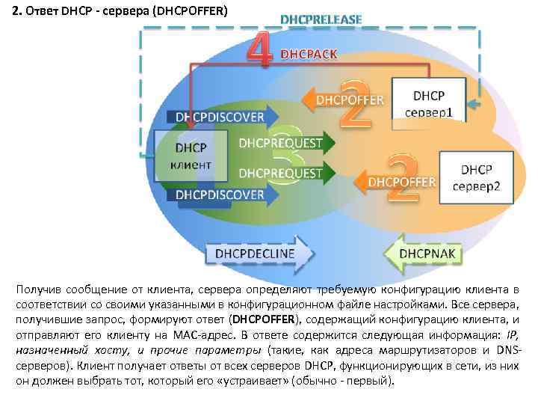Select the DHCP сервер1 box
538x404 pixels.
tap(429, 102)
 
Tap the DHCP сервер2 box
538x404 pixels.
tap(476, 177)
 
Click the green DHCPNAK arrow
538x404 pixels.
tap(424, 254)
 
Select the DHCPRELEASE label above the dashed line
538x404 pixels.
tap(321, 19)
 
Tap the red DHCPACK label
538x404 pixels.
tap(309, 54)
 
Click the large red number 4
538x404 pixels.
tap(259, 49)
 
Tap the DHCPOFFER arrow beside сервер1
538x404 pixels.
tap(345, 100)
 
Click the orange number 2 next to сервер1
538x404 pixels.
tap(356, 105)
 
